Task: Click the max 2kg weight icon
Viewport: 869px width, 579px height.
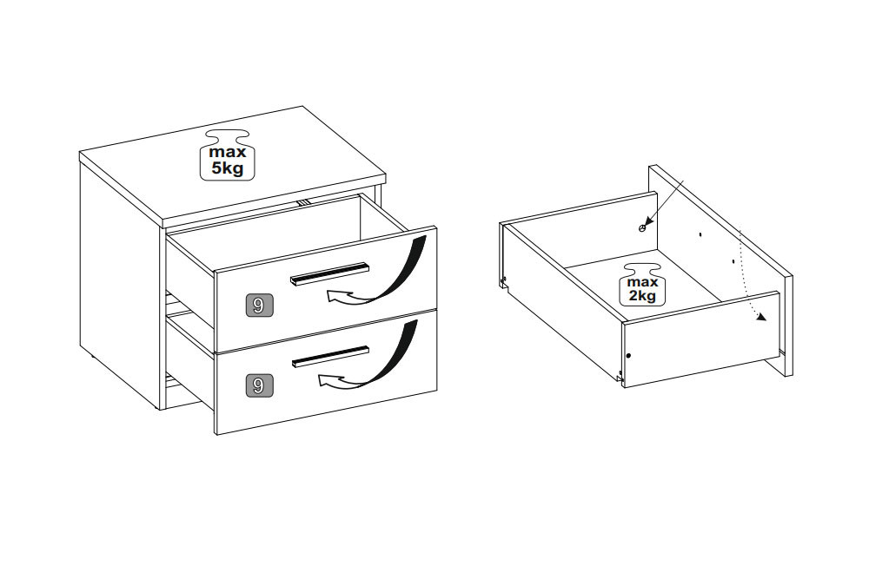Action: click(x=642, y=284)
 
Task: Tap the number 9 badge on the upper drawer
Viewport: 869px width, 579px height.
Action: click(x=258, y=305)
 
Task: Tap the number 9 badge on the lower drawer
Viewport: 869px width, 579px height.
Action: click(x=258, y=385)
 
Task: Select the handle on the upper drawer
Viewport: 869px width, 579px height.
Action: click(x=329, y=274)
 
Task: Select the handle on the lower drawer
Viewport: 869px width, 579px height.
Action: click(x=330, y=354)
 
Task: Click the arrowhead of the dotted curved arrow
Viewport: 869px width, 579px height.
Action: click(x=762, y=317)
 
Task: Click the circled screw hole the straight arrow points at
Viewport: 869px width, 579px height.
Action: click(x=642, y=227)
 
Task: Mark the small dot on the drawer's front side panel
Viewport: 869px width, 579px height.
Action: click(x=628, y=355)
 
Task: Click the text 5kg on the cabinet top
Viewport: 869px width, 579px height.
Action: click(x=227, y=168)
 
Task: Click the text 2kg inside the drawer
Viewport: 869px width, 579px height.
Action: click(x=642, y=296)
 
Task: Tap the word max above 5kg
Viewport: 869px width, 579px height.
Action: click(x=227, y=152)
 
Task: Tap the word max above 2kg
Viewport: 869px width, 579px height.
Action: click(x=642, y=283)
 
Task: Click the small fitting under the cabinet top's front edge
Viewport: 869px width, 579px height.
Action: click(x=302, y=202)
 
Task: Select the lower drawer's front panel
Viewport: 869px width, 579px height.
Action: click(x=326, y=371)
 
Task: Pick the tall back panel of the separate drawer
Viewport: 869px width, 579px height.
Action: click(x=720, y=270)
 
